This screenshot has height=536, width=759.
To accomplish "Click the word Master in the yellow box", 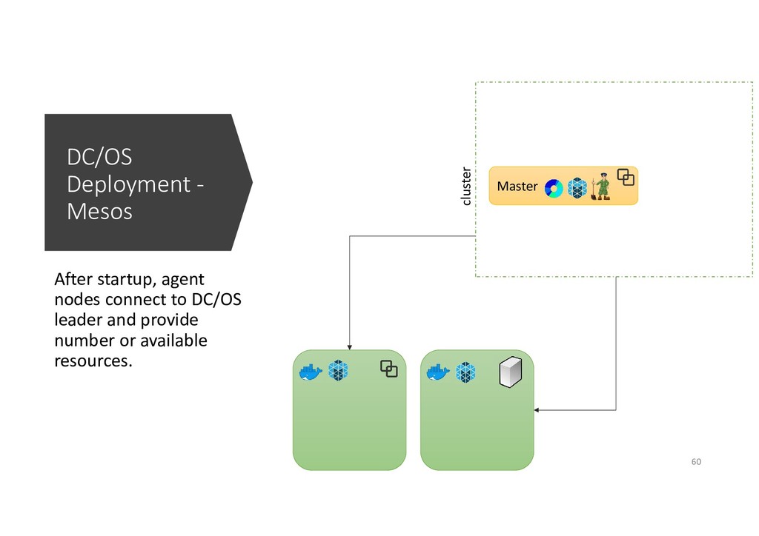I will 517,187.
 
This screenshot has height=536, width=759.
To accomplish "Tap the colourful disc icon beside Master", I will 554,189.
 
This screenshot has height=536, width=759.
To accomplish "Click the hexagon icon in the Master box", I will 577,188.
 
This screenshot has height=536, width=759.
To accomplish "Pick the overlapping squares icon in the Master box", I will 626,178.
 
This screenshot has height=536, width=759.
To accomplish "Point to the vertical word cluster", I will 465,186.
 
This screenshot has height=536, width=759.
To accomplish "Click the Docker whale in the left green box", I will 310,372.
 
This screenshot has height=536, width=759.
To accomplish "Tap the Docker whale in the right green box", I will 438,372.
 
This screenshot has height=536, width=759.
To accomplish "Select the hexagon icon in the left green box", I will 339,371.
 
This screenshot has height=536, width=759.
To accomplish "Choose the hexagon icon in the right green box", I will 465,372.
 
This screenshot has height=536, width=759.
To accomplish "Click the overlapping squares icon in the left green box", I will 389,368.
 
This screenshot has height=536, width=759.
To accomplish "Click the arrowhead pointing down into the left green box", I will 349,346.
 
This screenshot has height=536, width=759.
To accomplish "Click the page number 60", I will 695,462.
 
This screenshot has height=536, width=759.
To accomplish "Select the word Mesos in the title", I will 99,212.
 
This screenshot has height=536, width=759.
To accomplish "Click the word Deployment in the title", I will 128,184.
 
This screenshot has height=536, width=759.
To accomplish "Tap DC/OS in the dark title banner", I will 99,157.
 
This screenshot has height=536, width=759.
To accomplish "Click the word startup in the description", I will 118,280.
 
